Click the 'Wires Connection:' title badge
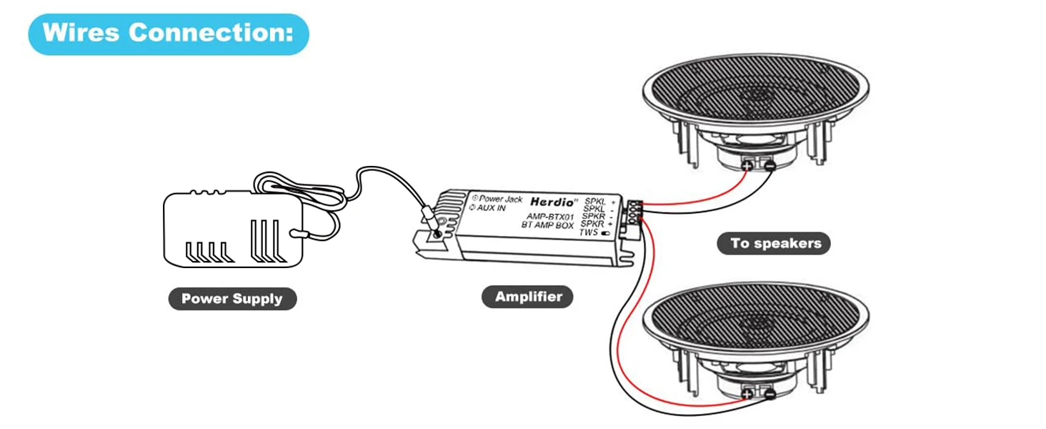tap(168, 34)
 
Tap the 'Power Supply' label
tap(231, 298)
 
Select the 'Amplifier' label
tap(528, 296)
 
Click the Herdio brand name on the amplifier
tap(549, 202)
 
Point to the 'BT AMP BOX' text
tap(547, 225)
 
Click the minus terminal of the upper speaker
tap(769, 167)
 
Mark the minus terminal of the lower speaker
tap(769, 393)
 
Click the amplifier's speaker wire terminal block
tap(632, 214)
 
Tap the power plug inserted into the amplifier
tap(431, 216)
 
